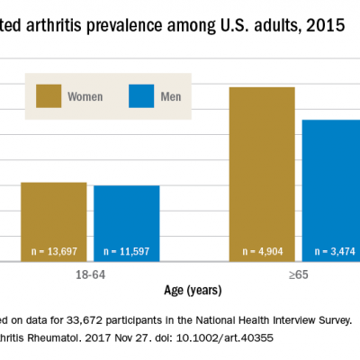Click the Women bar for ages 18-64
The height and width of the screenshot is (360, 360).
click(x=53, y=220)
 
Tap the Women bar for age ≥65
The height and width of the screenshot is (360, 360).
click(x=262, y=171)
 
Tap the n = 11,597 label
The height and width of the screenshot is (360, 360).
click(x=127, y=251)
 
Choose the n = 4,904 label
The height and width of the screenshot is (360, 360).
click(x=262, y=251)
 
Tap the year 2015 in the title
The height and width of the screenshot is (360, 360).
click(x=321, y=26)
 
